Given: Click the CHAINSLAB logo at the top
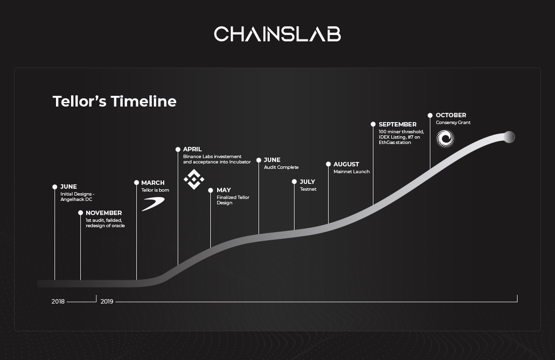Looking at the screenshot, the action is pos(277,34).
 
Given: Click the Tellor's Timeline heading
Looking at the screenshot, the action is pos(114,102).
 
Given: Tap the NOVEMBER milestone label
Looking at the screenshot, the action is pos(104,213).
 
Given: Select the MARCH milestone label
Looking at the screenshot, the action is pos(153,183).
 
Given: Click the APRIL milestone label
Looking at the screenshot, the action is pos(192,149).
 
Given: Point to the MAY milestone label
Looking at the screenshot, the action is pos(223,190).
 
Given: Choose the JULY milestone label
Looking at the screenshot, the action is pos(307,182).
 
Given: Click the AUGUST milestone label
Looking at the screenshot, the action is pos(346,164).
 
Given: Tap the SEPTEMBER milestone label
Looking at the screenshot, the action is pos(397,125).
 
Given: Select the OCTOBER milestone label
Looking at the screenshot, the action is pos(451,115).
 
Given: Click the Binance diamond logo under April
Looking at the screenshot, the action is pos(194,180).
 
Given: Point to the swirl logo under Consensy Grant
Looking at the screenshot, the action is pos(445,138).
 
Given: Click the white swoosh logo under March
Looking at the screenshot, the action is pos(153,204).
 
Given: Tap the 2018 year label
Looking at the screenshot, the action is pos(58,302).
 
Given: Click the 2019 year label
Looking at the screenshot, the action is pos(107,302).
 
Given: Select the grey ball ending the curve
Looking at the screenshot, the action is pos(509,137).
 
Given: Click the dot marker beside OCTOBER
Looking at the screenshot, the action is pos(430,115).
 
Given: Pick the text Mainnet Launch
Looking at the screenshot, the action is pos(351,172).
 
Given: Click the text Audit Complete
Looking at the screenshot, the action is pos(281,167).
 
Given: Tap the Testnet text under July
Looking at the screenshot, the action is pos(308,189).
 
